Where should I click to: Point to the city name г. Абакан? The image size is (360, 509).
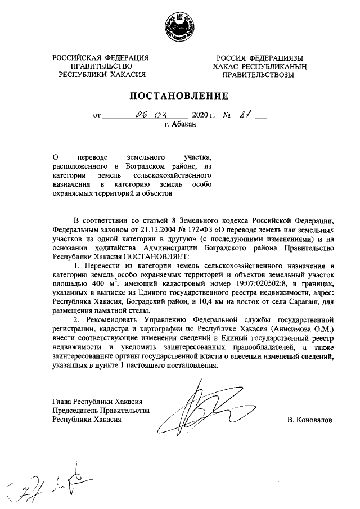point(180,125)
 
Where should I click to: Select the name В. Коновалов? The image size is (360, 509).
point(309,420)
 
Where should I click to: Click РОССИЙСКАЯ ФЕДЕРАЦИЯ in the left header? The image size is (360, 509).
point(101,58)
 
